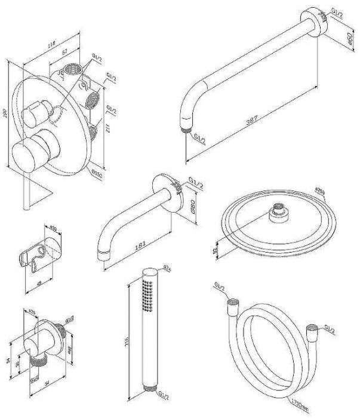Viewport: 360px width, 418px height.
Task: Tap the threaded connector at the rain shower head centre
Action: [x=277, y=213]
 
